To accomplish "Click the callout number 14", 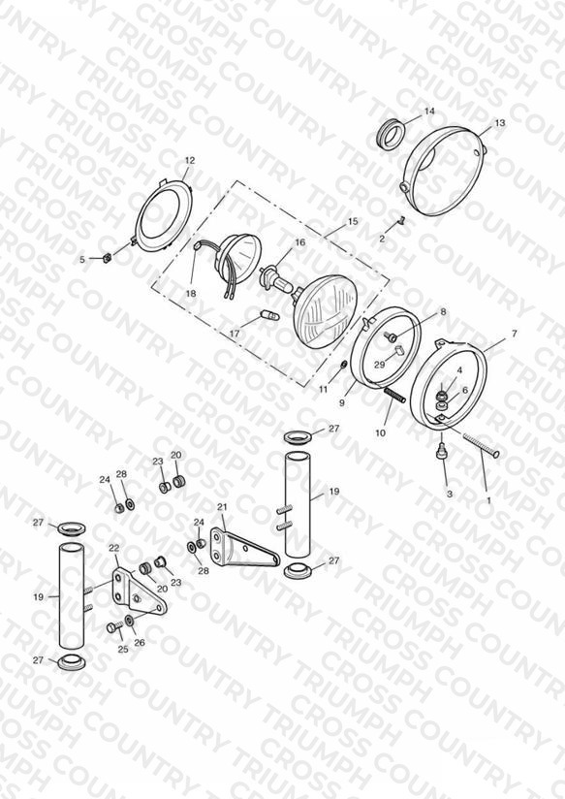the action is coord(429,112).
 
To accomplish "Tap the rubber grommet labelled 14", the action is coord(392,134).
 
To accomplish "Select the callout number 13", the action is coord(500,123).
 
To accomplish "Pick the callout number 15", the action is coord(353,222).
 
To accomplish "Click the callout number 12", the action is coord(190,160).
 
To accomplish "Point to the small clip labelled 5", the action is coord(108,257).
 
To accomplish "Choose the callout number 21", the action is coord(222,506).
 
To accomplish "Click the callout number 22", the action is coord(113,548).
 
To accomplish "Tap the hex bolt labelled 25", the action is coord(114,626).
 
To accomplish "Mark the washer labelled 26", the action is coord(129,621).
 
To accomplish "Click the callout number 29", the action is coord(379,365).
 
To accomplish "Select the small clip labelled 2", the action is coord(401,222).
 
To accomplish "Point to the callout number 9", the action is coord(341,402).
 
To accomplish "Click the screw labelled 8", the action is coord(393,336).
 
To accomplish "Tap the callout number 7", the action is coord(514,334).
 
